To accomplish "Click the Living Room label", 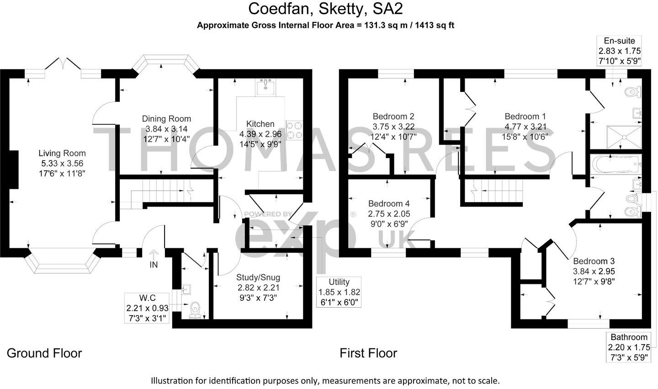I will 62,154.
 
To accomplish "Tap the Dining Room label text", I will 166,119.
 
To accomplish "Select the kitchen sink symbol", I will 265,87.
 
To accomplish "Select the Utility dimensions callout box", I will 339,292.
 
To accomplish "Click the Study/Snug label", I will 258,277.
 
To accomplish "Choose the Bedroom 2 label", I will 393,116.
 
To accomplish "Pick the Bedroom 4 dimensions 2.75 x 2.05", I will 389,213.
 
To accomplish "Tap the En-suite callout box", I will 620,51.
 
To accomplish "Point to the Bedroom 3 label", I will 594,261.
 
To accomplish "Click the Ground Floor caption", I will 44,353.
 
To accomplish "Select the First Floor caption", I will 368,353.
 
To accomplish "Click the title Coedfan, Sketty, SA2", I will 325,9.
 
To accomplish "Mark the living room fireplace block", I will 14,169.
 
